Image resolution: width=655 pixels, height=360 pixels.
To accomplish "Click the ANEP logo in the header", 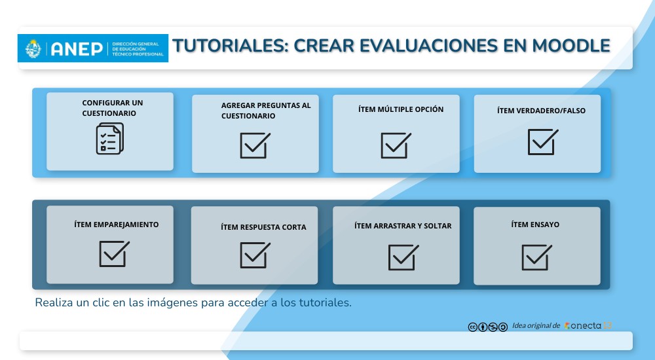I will tap(92, 48).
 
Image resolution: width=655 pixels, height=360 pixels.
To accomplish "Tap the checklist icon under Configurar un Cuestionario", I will tap(109, 139).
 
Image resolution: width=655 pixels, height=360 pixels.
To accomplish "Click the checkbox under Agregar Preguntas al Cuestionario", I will tap(254, 145).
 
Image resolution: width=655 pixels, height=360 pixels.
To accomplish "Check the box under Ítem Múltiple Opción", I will tap(396, 145).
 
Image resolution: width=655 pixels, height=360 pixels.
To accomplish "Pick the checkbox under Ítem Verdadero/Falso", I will tap(542, 141).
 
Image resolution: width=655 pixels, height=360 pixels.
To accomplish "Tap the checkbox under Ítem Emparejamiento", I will tap(114, 253).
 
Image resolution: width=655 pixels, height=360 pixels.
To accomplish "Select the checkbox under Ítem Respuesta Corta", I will tap(254, 255).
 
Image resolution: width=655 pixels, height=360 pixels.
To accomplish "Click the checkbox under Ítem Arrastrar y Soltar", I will tap(403, 257).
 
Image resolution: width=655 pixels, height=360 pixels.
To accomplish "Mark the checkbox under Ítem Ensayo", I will tap(536, 257).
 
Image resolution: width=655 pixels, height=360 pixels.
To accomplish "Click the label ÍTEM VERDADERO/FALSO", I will tap(541, 111).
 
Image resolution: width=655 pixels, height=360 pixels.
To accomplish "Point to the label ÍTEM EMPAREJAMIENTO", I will tap(117, 225).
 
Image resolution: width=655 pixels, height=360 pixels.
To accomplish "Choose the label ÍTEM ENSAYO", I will tap(535, 225).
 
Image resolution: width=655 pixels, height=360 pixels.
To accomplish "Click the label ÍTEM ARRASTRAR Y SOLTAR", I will tap(403, 226).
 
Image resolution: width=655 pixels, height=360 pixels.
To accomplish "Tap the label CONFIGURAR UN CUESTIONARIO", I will tap(112, 108).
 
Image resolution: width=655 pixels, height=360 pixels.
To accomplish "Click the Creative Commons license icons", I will tap(487, 327).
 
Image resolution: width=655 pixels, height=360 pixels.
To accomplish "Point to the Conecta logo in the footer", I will tap(588, 325).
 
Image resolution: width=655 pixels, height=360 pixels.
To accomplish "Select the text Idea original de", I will tap(536, 325).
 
